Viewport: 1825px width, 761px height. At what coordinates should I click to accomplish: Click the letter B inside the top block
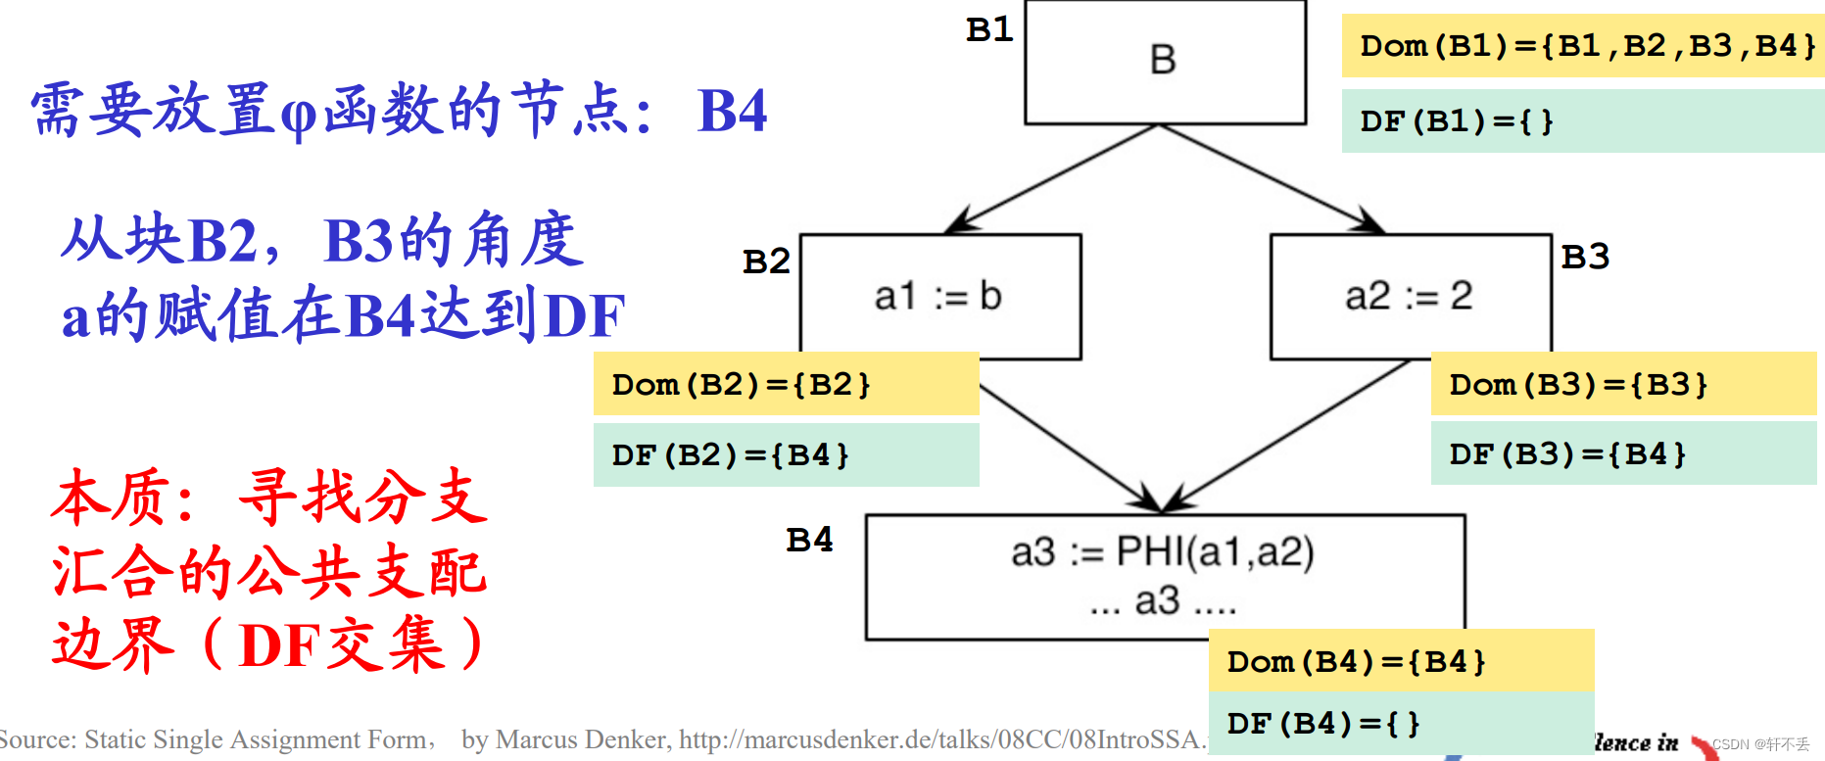[1163, 61]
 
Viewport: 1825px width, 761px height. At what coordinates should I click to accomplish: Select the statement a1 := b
[937, 296]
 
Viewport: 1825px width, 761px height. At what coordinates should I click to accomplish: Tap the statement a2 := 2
[1408, 296]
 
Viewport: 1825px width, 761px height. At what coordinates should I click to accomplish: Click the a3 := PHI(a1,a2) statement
[1162, 552]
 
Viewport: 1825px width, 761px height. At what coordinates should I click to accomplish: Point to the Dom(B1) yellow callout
[1582, 46]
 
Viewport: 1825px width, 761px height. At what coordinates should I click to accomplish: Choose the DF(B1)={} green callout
[1582, 121]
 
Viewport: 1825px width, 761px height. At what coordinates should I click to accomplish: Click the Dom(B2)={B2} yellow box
[786, 384]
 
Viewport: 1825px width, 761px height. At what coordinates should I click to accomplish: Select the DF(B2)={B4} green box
[786, 454]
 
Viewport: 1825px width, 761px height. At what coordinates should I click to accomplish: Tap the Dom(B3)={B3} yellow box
[1623, 384]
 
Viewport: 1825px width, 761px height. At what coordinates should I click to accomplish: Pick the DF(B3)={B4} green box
[1623, 453]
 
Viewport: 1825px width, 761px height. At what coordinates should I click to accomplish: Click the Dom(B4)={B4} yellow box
[1401, 661]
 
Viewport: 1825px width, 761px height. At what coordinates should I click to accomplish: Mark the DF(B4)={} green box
[1401, 724]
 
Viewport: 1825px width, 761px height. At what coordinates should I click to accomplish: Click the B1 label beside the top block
[989, 29]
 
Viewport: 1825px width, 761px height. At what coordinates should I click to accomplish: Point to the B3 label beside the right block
[1585, 257]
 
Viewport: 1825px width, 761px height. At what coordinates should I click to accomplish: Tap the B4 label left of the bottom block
[809, 540]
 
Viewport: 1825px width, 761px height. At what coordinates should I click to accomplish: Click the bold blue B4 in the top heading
[732, 111]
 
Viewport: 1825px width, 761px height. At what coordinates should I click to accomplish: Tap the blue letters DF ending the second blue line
[584, 315]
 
